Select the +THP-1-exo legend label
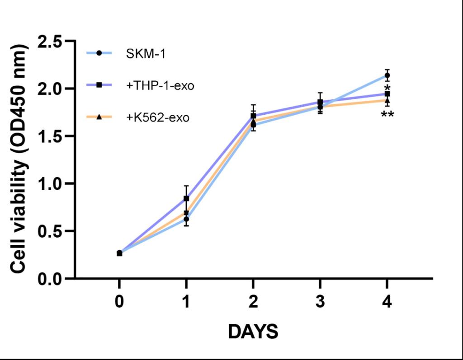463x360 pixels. pos(161,85)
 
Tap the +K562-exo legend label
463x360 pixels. pos(158,117)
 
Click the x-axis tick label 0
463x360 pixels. pos(119,302)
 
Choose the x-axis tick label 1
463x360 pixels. pos(186,302)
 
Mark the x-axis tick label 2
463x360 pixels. pos(253,302)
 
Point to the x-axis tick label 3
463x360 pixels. pos(320,302)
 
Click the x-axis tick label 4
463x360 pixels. pos(387,302)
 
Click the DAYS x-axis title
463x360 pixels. pos(253,332)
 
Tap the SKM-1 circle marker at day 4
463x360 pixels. pos(387,75)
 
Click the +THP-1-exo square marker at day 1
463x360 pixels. pos(186,198)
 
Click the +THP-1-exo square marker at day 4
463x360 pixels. pos(387,94)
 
